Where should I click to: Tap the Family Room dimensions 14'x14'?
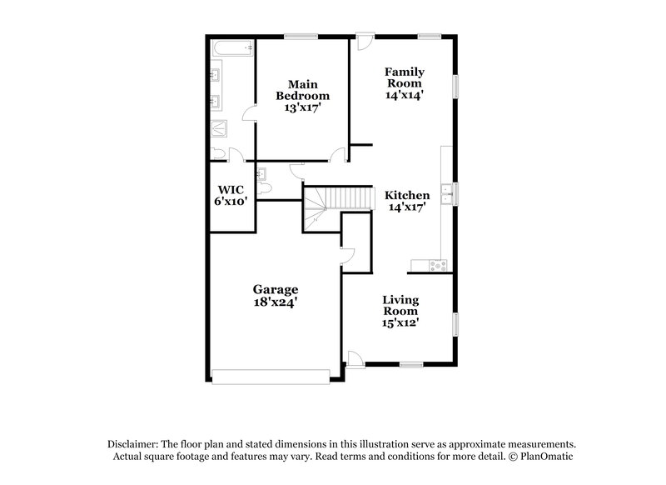pos(405,96)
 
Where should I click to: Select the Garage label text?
pos(276,289)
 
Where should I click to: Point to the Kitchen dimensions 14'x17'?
pos(406,208)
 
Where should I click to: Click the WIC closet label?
pos(230,189)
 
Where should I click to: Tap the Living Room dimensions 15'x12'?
pos(400,322)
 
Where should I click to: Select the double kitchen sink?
pos(447,193)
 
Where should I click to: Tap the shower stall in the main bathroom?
pos(221,129)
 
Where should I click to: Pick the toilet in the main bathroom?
pos(219,153)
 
